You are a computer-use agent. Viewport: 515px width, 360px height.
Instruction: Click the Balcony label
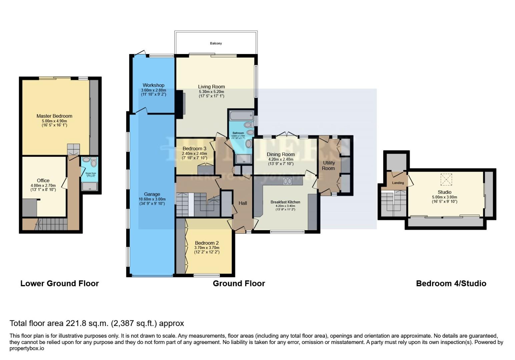coord(216,43)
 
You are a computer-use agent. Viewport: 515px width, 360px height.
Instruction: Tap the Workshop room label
coord(153,85)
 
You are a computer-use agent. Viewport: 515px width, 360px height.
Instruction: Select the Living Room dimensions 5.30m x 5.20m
coord(211,92)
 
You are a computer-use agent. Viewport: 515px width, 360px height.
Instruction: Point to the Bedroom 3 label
coord(194,148)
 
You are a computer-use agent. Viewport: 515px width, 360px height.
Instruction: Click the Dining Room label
coord(281,154)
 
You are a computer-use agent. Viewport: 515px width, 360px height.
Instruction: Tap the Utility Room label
coord(328,165)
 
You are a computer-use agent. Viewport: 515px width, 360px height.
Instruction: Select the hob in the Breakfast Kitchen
coord(288,181)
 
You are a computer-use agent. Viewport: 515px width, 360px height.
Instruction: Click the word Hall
coord(242,203)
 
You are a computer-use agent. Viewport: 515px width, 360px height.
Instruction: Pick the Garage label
coord(152,194)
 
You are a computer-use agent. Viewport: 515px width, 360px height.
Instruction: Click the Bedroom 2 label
coord(207,243)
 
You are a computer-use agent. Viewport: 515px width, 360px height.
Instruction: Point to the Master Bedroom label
coord(54,116)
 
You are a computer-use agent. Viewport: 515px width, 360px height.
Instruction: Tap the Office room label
coord(43,180)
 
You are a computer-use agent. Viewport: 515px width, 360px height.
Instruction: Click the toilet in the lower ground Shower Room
coord(93,163)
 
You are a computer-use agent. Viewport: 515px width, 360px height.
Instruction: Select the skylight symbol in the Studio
coord(445,179)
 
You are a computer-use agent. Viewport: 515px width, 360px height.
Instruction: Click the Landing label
coord(398,183)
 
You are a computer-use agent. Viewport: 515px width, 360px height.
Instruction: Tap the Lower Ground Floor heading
coord(60,283)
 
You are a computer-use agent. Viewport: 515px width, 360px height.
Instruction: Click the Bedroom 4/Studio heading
coord(451,283)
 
